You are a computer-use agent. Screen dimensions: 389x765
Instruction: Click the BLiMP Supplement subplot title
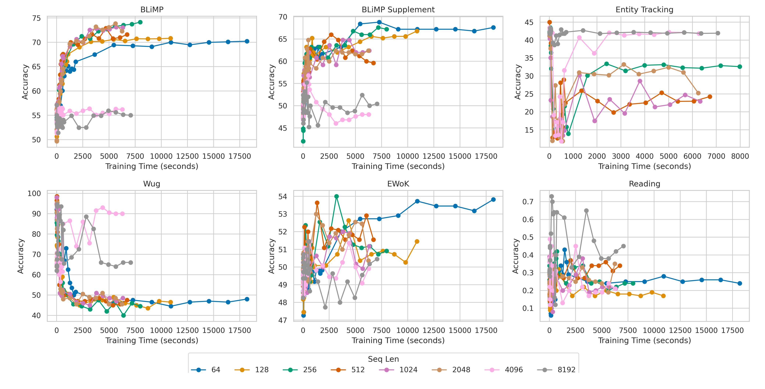pyautogui.click(x=398, y=10)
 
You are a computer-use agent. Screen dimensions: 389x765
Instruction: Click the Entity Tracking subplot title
pyautogui.click(x=644, y=10)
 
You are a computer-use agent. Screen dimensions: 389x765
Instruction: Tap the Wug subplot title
pyautogui.click(x=152, y=184)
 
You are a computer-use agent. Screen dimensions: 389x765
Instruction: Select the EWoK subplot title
pyautogui.click(x=398, y=184)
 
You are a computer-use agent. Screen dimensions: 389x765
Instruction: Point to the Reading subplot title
pyautogui.click(x=644, y=184)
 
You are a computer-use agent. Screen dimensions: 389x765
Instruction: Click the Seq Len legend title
pyautogui.click(x=383, y=359)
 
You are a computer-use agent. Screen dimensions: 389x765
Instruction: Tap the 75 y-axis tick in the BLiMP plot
pyautogui.click(x=36, y=18)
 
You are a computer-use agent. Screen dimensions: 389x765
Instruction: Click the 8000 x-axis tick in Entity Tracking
pyautogui.click(x=740, y=156)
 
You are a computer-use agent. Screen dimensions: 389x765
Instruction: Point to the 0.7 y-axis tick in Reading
pyautogui.click(x=527, y=202)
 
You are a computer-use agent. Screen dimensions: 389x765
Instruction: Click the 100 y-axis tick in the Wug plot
pyautogui.click(x=34, y=193)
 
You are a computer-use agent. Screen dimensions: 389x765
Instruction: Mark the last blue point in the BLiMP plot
pyautogui.click(x=247, y=41)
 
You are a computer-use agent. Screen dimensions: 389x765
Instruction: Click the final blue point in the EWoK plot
pyautogui.click(x=493, y=199)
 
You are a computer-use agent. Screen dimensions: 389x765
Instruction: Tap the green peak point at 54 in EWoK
pyautogui.click(x=337, y=196)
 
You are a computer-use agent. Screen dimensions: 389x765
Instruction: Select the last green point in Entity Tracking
pyautogui.click(x=740, y=67)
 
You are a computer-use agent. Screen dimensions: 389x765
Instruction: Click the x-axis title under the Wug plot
pyautogui.click(x=152, y=340)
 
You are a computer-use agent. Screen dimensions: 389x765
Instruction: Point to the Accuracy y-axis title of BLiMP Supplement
pyautogui.click(x=271, y=82)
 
